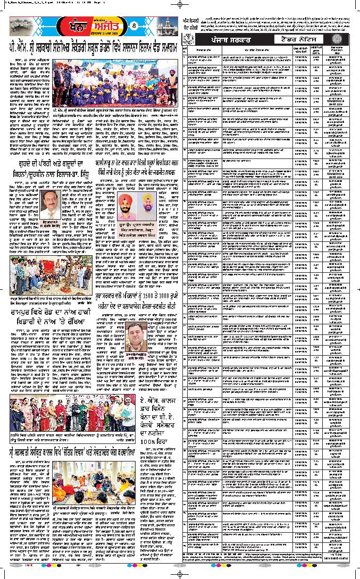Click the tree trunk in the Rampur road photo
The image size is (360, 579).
click(x=48, y=273)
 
